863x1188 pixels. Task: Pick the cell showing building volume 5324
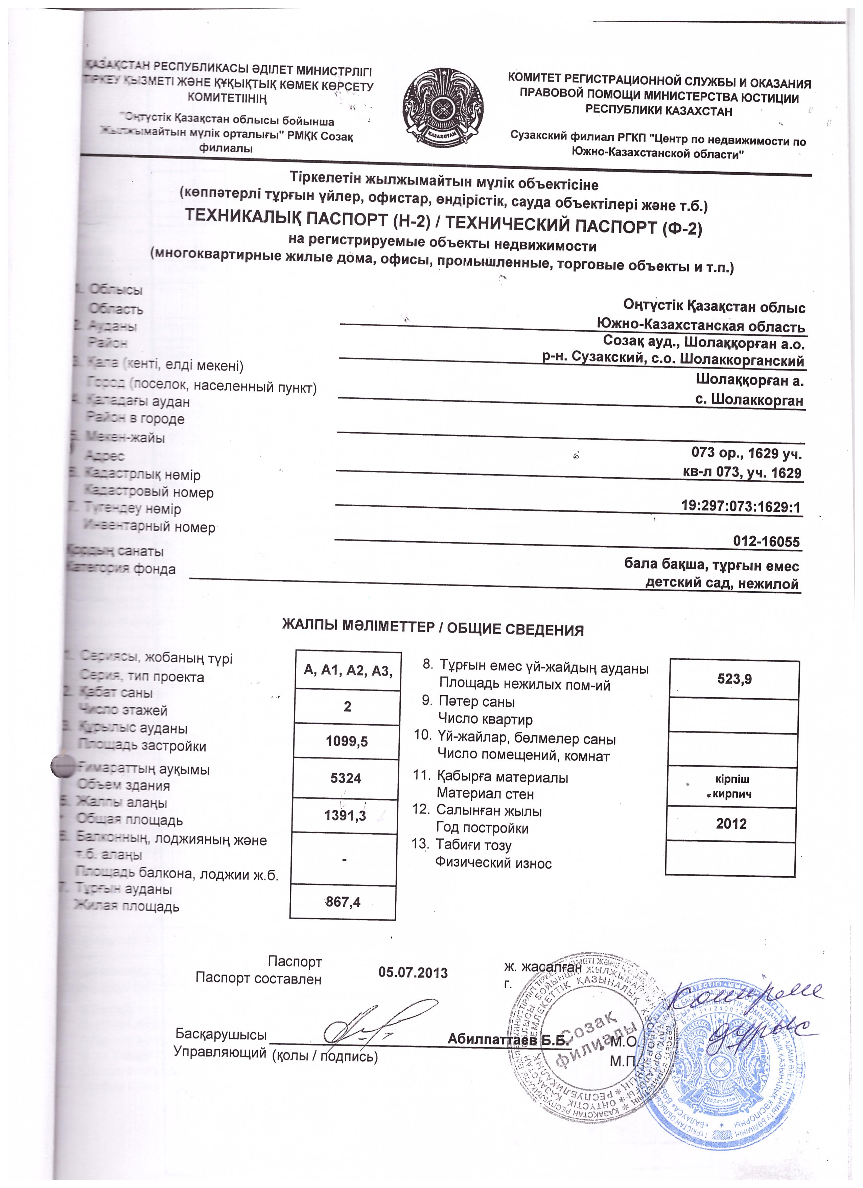click(345, 778)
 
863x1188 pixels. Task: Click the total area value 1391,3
click(345, 815)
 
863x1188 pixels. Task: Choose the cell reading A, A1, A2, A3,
click(348, 670)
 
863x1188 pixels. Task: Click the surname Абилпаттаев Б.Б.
click(508, 1040)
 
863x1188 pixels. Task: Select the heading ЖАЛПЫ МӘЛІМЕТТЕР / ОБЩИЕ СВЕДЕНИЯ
click(433, 629)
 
